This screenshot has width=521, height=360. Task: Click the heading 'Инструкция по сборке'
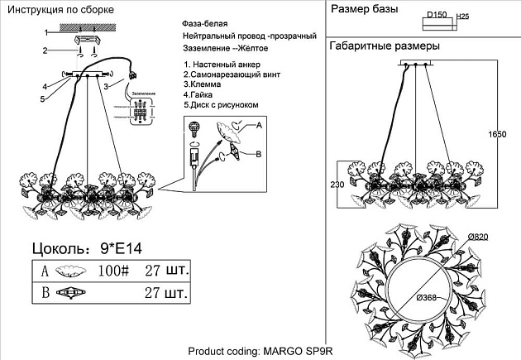61,9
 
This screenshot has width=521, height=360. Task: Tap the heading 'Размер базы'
365,9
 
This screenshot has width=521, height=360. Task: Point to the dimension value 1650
497,134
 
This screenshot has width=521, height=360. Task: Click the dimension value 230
336,185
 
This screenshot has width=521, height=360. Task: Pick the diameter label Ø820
478,237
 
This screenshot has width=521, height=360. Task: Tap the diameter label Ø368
426,297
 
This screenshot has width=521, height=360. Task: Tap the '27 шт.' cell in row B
167,292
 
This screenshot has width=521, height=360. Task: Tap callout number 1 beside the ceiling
46,31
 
